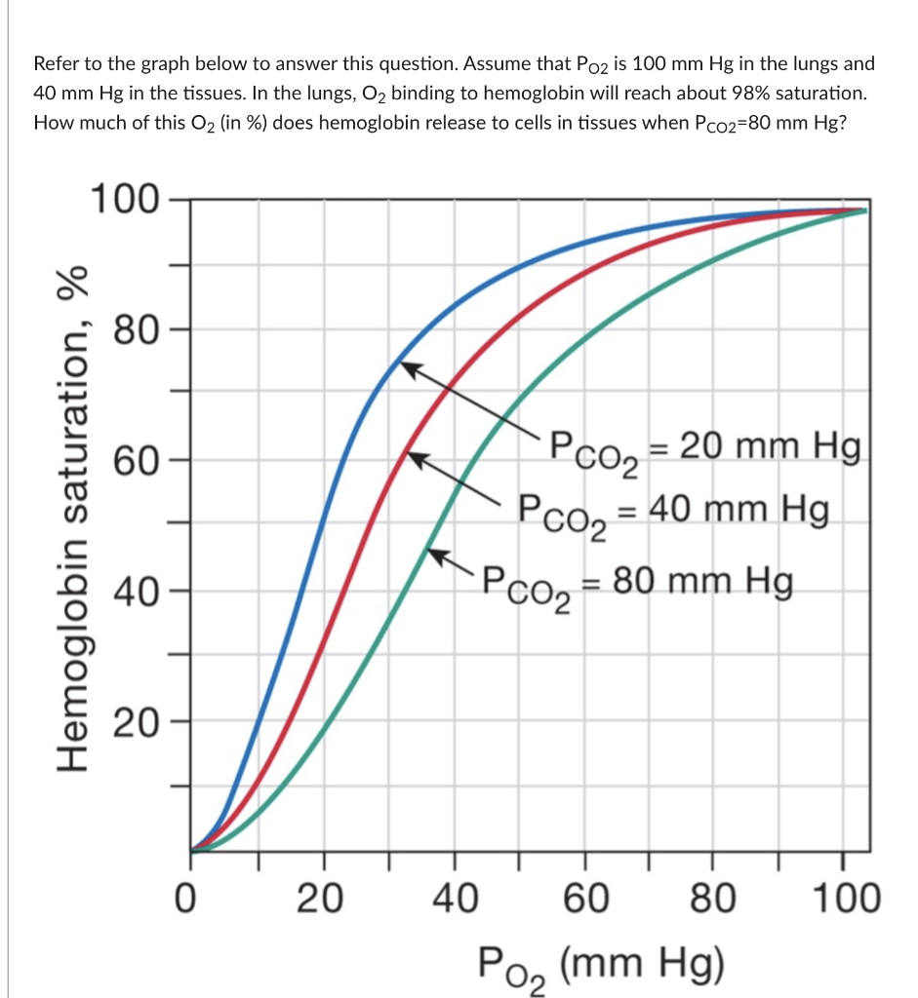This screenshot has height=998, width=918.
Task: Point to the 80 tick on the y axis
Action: coord(135,331)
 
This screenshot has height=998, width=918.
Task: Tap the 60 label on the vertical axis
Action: coord(135,461)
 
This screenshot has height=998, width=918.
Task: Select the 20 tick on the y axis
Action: coord(135,723)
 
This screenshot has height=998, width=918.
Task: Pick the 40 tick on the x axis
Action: coord(454,898)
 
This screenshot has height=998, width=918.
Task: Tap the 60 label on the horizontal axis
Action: coord(584,898)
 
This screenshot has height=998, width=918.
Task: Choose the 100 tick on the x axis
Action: coord(845,898)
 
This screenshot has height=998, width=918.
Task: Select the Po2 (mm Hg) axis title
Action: coord(602,964)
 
